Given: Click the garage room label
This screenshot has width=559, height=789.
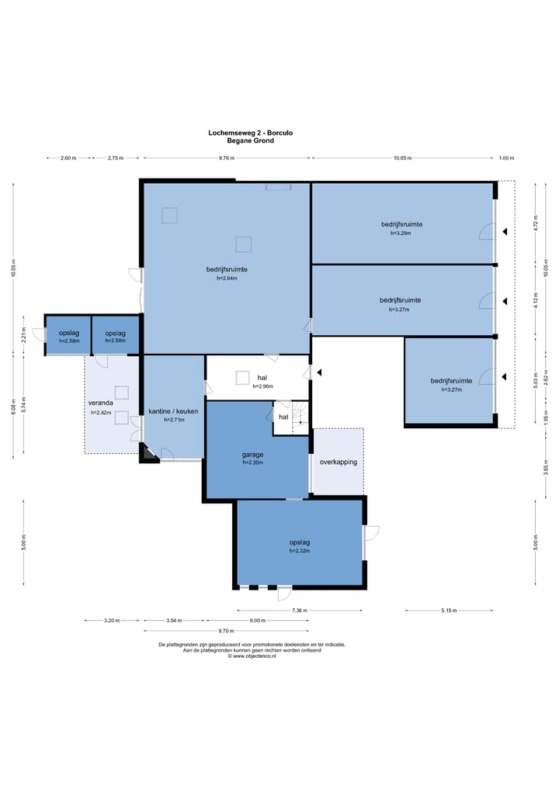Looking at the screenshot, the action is point(252,455).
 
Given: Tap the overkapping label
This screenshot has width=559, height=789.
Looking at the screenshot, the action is point(339,462).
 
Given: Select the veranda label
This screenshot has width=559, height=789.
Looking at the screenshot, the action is point(101,403).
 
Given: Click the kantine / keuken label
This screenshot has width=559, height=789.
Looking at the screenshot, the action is point(173,411).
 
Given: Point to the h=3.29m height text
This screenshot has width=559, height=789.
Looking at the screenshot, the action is point(401,234).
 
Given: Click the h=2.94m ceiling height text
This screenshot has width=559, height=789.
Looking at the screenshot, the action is point(227,279).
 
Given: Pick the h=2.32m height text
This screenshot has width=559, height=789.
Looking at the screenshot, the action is point(300,551).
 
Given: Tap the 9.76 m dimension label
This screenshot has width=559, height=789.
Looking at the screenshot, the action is point(227,158).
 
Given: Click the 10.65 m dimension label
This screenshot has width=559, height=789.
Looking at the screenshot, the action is point(402,158).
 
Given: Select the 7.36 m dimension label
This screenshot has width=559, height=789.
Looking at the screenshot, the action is point(299,611).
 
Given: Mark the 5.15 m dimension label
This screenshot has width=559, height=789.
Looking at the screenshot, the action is point(449,611).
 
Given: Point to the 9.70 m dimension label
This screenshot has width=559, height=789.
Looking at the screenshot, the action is point(226,631).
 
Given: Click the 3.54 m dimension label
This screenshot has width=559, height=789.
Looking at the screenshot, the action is point(174,621).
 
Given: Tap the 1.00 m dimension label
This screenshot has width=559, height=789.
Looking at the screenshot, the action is point(506,158).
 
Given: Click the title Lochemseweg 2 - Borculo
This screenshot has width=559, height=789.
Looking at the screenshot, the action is point(250,133).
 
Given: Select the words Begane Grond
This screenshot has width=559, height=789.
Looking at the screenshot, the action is point(250,140).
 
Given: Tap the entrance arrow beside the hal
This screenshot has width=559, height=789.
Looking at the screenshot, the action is point(319,372).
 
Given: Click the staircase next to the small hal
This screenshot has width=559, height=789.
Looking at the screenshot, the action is point(300,417).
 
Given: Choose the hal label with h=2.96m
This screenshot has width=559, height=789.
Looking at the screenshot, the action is point(262,378).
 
